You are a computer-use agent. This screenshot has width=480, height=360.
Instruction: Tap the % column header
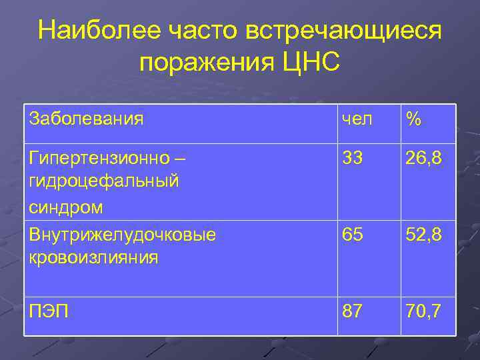click(x=413, y=119)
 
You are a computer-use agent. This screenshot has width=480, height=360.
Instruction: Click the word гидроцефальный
click(x=103, y=181)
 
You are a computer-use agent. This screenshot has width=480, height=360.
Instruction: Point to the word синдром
click(x=66, y=207)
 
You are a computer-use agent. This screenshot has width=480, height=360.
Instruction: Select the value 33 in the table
click(x=353, y=160)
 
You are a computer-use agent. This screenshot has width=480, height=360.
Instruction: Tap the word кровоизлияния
click(x=94, y=257)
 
